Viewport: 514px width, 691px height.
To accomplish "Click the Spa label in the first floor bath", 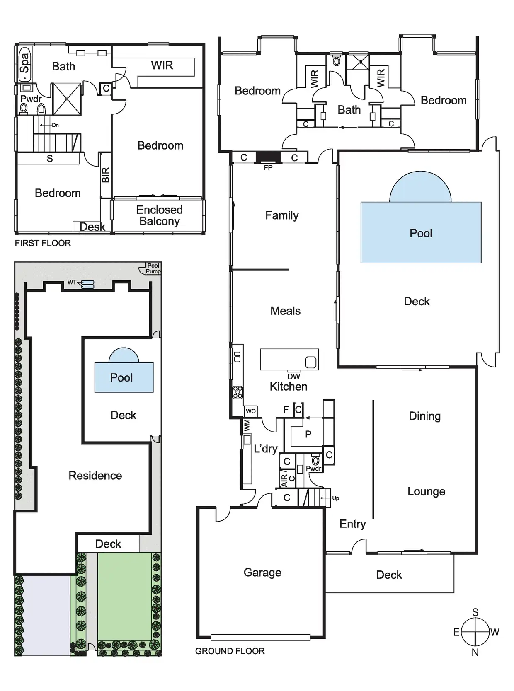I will (25, 63).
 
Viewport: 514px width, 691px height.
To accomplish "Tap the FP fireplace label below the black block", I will (268, 168).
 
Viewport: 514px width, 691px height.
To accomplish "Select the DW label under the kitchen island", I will (293, 377).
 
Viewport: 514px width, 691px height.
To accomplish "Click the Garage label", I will (262, 573).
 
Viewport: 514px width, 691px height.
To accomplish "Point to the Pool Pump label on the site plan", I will (153, 268).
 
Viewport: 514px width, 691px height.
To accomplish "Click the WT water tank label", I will (72, 283).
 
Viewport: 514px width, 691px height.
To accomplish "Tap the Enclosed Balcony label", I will (160, 215).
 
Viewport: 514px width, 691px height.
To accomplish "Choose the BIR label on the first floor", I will (106, 175).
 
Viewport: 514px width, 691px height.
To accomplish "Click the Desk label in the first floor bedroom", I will (92, 227).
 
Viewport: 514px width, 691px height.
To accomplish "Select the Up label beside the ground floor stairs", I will (335, 498).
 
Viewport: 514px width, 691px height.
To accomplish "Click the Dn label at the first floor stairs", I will (55, 125).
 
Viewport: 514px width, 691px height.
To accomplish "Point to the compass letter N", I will (475, 652).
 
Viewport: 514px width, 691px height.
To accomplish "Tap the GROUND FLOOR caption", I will (230, 651).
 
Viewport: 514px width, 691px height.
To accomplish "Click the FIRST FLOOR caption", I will (43, 243).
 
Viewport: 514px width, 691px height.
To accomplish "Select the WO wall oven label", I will (251, 411).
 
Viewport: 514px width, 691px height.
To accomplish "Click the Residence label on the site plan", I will (95, 476).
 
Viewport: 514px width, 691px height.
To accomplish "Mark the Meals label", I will (285, 311).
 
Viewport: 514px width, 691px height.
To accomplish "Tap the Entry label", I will (352, 524).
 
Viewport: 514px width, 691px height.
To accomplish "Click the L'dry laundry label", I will (266, 449).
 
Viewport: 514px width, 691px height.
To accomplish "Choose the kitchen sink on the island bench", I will (311, 362).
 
